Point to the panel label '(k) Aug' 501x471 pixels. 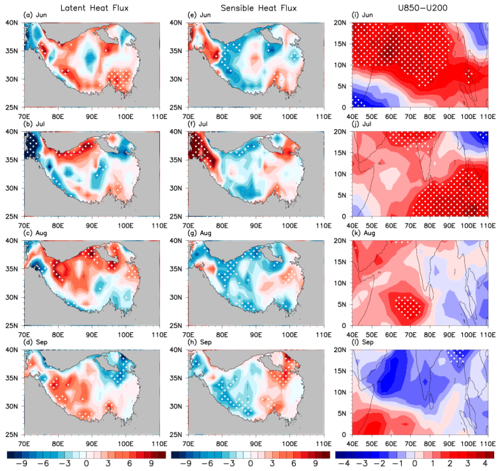(x=363, y=233)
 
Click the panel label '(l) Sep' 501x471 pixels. (x=362, y=342)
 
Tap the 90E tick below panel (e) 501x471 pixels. (x=256, y=117)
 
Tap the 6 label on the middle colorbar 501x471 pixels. (x=294, y=463)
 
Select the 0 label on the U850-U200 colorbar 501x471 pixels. (x=415, y=463)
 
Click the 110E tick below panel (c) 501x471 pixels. (x=159, y=335)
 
